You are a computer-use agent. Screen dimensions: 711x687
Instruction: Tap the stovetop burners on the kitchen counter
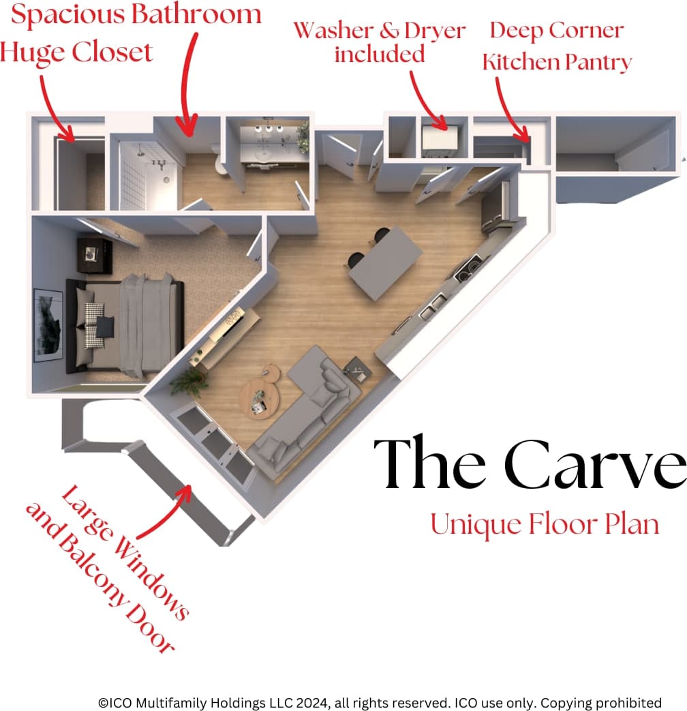click(465, 271)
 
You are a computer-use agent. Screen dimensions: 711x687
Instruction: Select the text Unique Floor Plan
click(545, 525)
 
